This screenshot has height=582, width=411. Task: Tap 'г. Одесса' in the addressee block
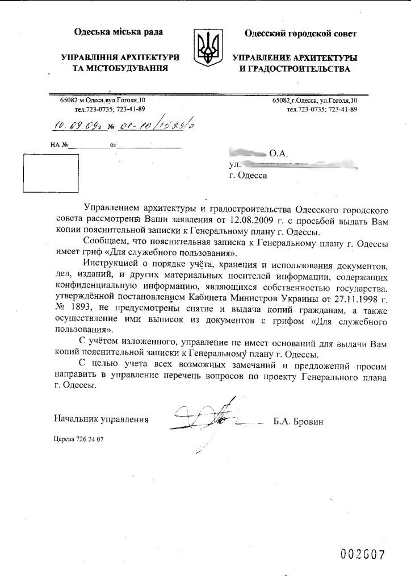tap(248, 175)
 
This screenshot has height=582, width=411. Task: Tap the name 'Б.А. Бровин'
tap(301, 420)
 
